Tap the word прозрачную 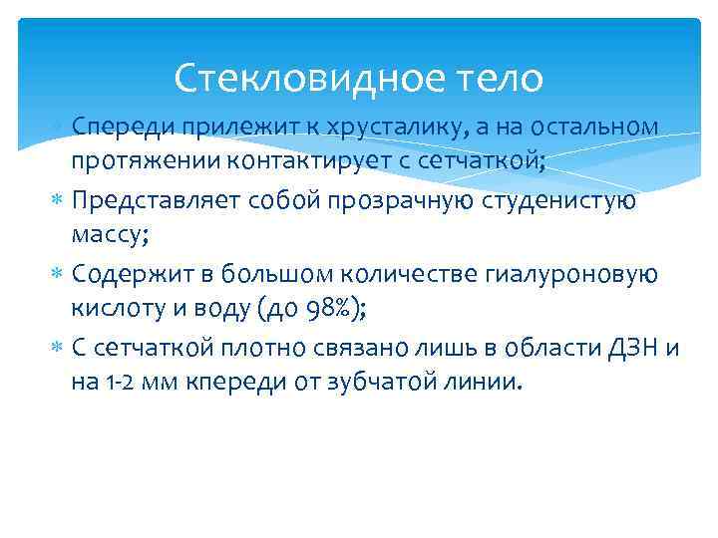(x=406, y=201)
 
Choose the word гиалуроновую (x=566, y=274)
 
